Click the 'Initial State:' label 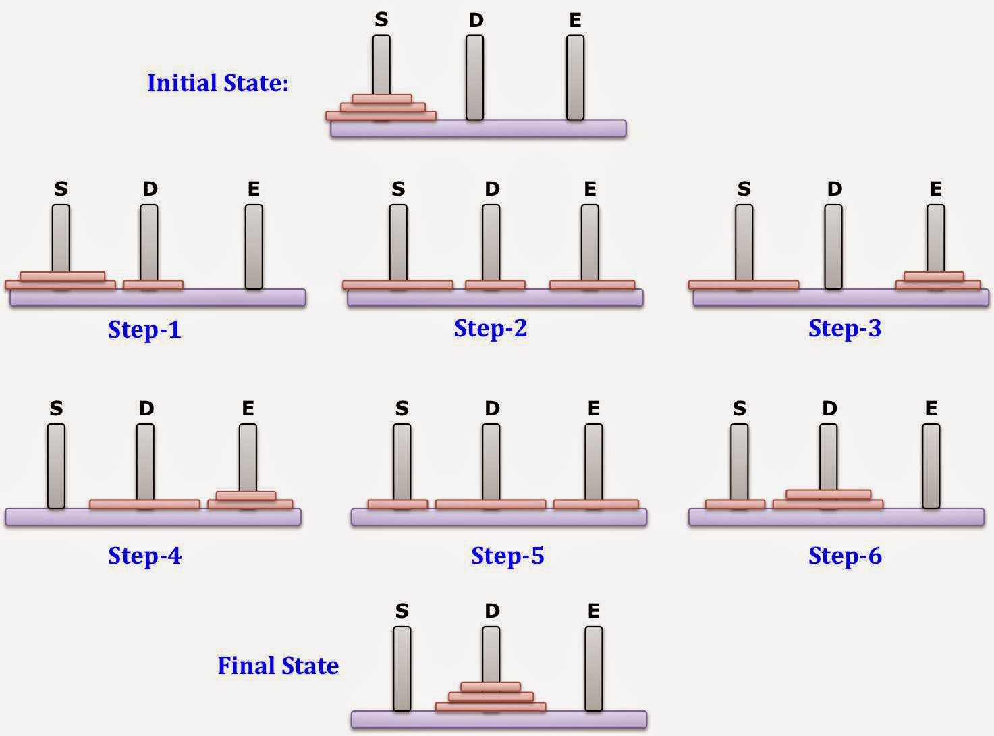[x=218, y=83]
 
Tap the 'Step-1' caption [x=144, y=330]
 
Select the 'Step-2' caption [x=491, y=328]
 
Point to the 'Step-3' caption [x=845, y=328]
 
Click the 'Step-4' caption [x=144, y=556]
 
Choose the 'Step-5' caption [x=507, y=556]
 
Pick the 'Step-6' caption [x=845, y=556]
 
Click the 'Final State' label [x=278, y=666]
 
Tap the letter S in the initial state [x=381, y=20]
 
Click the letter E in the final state [x=594, y=611]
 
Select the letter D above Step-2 [x=492, y=189]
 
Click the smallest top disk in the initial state [x=382, y=99]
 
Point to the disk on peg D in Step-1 [x=153, y=285]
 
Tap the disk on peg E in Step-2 [x=592, y=285]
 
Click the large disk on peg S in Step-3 [x=744, y=285]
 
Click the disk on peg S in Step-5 [x=397, y=504]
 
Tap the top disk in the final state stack [x=491, y=687]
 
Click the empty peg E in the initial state [x=575, y=77]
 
